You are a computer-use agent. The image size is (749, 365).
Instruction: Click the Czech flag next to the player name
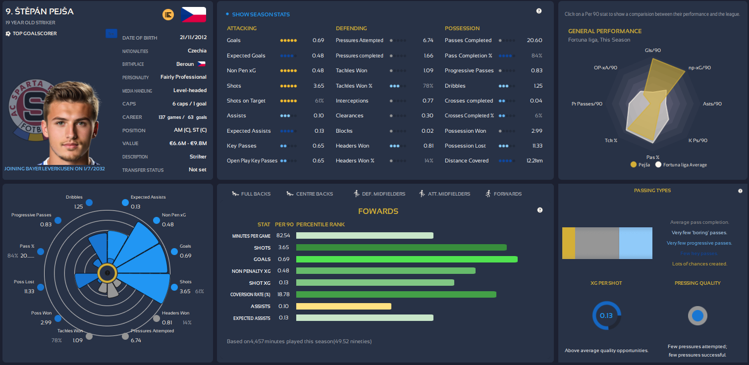coord(194,15)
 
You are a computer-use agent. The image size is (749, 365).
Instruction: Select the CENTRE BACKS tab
coord(310,194)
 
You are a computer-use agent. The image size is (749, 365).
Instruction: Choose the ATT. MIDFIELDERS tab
coord(444,194)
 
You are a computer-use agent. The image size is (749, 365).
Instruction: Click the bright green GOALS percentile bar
coord(407,259)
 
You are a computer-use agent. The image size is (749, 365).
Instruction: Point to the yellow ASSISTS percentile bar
coord(343,306)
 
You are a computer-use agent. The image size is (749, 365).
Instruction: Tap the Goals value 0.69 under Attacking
coord(318,40)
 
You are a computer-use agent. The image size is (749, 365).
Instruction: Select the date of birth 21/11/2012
coord(193,38)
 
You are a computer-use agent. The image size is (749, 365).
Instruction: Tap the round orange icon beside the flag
coord(168,15)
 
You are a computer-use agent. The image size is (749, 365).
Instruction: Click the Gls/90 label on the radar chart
coord(653,50)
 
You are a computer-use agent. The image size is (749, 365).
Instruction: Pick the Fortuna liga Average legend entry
coord(682,164)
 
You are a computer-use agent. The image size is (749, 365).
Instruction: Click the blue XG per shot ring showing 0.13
coord(606,315)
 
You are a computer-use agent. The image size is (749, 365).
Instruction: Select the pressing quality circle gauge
coord(697,315)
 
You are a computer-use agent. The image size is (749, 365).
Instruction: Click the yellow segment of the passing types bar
coord(569,243)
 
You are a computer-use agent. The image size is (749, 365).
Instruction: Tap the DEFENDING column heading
coord(351,28)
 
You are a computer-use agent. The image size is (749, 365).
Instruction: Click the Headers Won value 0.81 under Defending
coord(428,146)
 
